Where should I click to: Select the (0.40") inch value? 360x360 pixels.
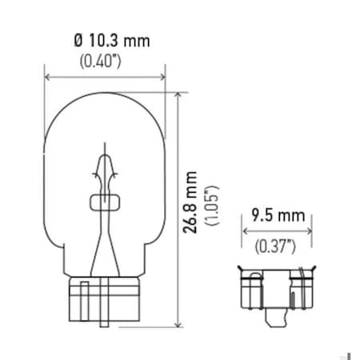[x=104, y=59]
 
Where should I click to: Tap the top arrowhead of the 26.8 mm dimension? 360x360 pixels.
[x=176, y=94]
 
